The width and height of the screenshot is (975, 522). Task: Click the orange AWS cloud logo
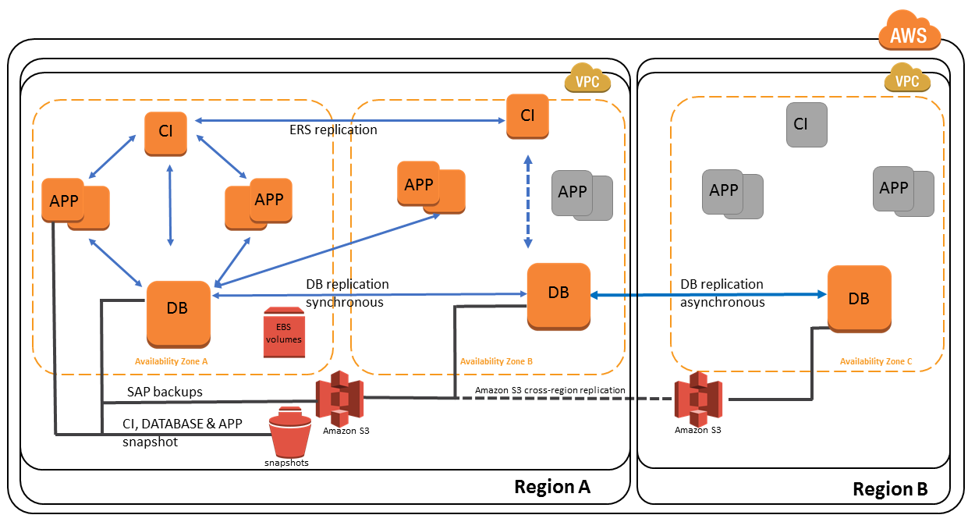pyautogui.click(x=909, y=34)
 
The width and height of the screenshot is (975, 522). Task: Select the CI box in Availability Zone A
pyautogui.click(x=165, y=132)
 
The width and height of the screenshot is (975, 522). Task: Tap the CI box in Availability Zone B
pyautogui.click(x=527, y=115)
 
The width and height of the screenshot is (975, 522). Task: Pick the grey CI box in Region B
pyautogui.click(x=806, y=124)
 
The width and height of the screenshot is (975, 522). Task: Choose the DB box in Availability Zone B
pyautogui.click(x=558, y=294)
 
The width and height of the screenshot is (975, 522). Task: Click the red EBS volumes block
pyautogui.click(x=283, y=333)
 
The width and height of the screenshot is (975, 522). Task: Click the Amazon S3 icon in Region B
pyautogui.click(x=700, y=398)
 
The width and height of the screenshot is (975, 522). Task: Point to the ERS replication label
pyautogui.click(x=333, y=130)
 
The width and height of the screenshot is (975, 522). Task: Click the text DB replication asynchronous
pyautogui.click(x=722, y=293)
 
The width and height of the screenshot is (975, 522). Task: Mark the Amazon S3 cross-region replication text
pyautogui.click(x=550, y=389)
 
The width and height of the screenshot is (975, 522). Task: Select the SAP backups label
pyautogui.click(x=165, y=392)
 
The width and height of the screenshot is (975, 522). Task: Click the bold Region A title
pyautogui.click(x=551, y=487)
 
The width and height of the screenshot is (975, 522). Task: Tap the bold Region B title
pyautogui.click(x=890, y=489)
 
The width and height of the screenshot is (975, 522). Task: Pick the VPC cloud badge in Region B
pyautogui.click(x=907, y=80)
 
